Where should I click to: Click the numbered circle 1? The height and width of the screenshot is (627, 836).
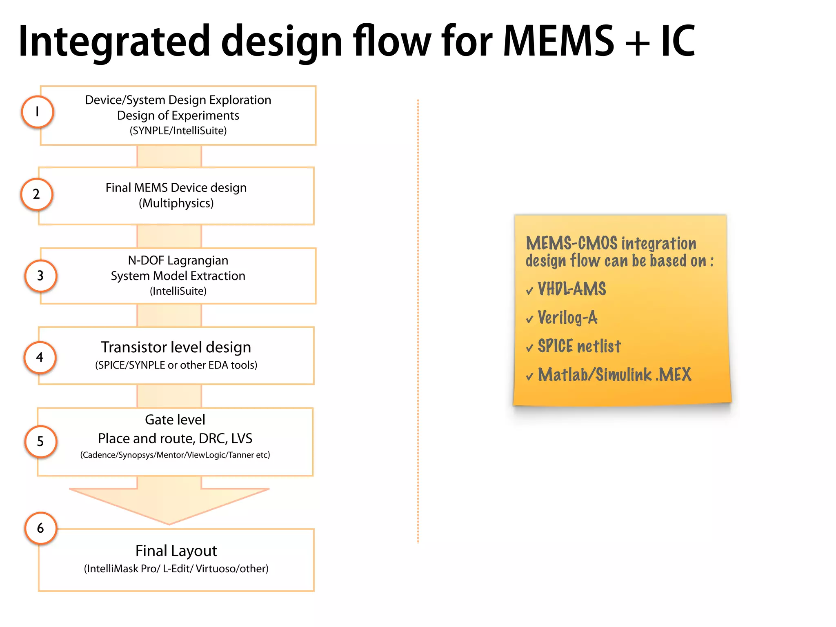[x=38, y=112]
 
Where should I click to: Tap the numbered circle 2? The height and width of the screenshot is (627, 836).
[x=37, y=194]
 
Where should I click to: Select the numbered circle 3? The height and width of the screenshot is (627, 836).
[x=40, y=276]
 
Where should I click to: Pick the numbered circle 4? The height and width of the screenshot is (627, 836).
[x=40, y=358]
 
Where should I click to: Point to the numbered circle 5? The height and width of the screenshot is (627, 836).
[x=40, y=441]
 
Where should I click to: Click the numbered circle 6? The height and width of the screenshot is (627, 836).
[x=40, y=528]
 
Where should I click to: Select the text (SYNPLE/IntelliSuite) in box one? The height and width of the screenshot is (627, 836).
[x=178, y=131]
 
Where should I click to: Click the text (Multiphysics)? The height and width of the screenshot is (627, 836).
[x=176, y=203]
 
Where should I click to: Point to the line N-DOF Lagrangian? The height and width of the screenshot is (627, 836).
[x=178, y=260]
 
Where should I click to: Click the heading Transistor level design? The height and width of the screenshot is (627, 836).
[x=176, y=347]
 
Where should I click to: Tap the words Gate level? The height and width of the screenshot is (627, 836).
[x=175, y=420]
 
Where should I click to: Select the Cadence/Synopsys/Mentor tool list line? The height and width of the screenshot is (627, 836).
[x=175, y=455]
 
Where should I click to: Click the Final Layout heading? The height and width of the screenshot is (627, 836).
[x=176, y=551]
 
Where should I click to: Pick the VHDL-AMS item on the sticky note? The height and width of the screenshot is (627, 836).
[x=571, y=289]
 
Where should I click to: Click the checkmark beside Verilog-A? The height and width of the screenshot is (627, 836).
[x=530, y=319]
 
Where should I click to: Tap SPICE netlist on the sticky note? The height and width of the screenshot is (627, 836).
[x=579, y=346]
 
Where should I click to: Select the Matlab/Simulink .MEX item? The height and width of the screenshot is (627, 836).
[x=614, y=375]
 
